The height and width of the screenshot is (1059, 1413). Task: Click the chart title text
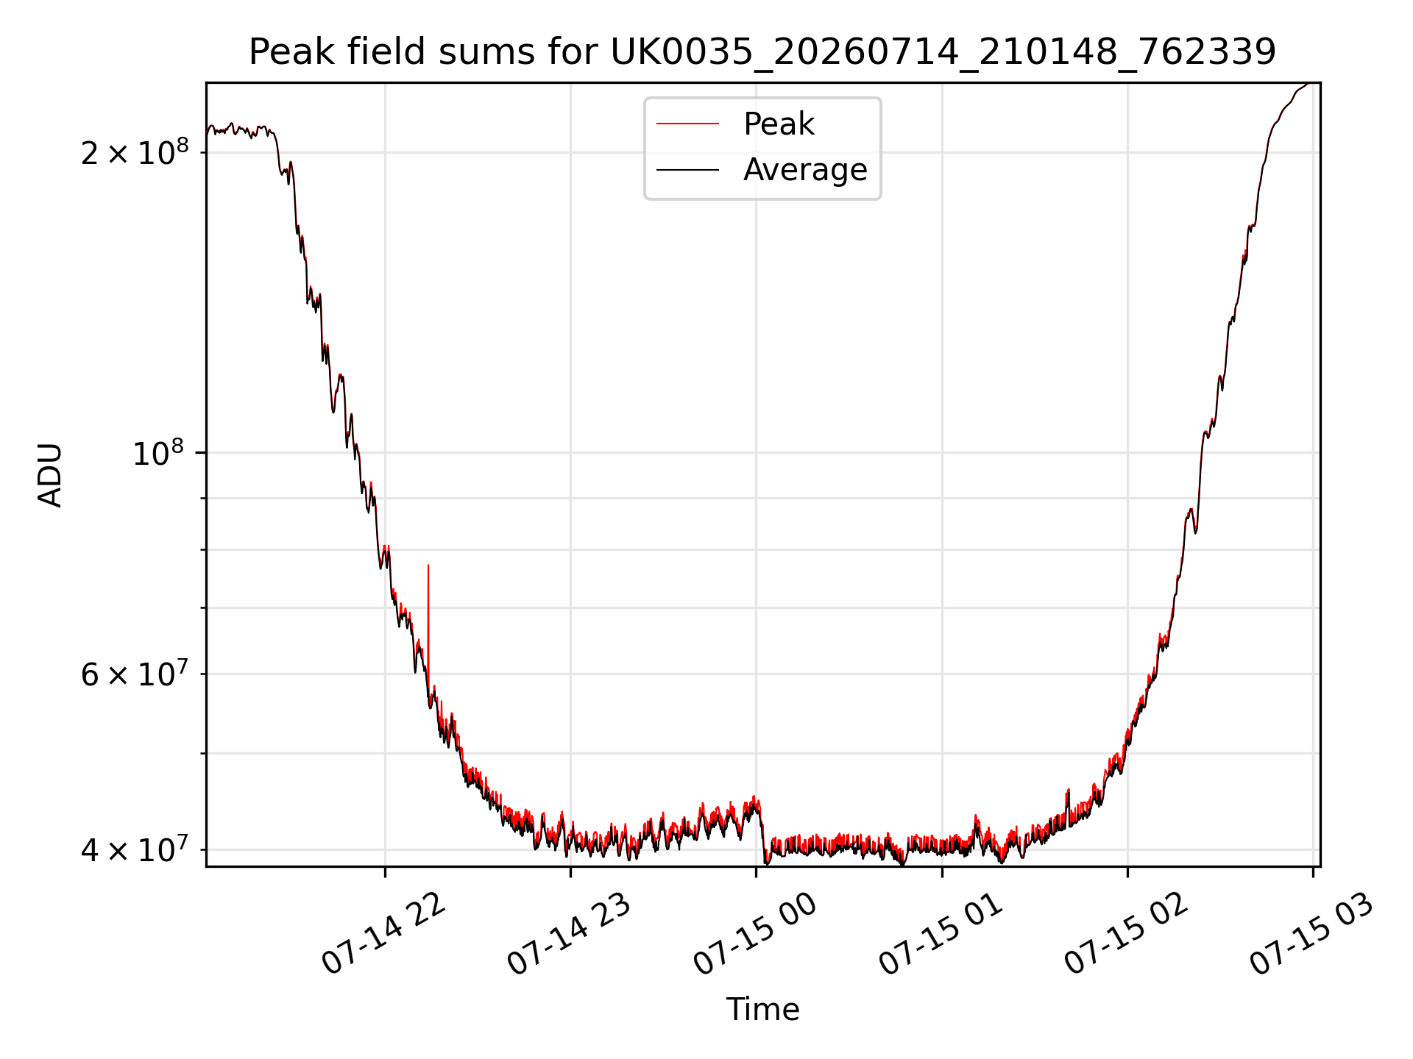[x=762, y=52]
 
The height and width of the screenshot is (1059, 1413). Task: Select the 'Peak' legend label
[x=779, y=124]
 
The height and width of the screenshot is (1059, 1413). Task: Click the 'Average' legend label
[x=805, y=170]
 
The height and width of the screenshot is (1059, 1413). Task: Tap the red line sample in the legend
[x=687, y=124]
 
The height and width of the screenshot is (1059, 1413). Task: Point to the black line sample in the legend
[x=687, y=170]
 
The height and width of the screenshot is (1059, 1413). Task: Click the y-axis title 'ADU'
[x=50, y=475]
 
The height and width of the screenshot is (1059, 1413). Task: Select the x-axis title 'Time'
[x=762, y=1009]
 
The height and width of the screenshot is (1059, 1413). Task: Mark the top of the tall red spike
[x=428, y=566]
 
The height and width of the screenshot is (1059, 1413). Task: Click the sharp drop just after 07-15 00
[x=762, y=835]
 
